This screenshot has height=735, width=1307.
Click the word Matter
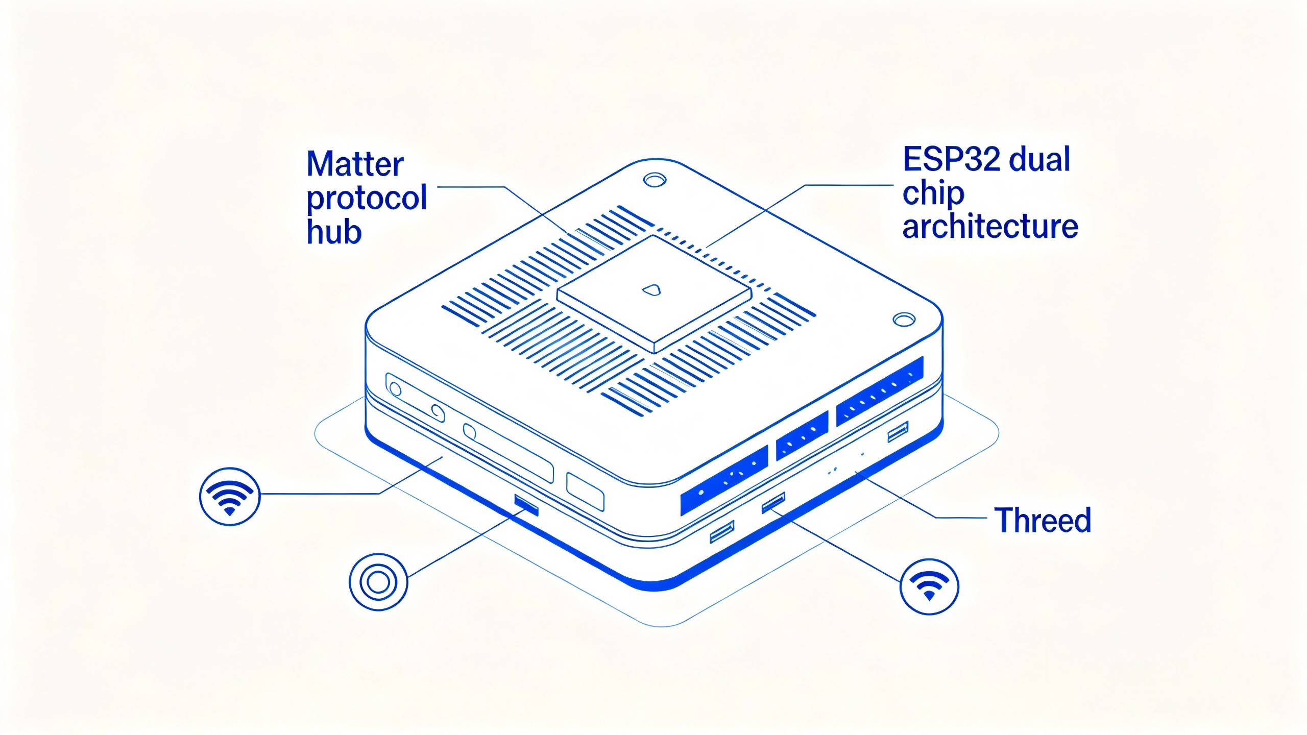(x=355, y=164)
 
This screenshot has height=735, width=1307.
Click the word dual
(x=1039, y=159)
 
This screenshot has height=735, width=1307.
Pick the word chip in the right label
(x=933, y=194)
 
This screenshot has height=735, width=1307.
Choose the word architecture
(x=990, y=226)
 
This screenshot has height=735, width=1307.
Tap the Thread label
(x=1043, y=520)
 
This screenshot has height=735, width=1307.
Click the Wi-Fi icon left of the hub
(x=230, y=496)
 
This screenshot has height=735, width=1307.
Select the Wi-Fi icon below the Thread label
(x=929, y=586)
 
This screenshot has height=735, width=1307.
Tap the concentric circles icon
(x=378, y=582)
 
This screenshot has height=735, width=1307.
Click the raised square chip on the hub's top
(x=654, y=295)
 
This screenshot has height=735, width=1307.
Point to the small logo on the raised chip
(x=651, y=290)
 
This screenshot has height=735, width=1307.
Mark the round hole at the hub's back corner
(x=655, y=180)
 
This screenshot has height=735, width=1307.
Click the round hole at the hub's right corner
(x=904, y=320)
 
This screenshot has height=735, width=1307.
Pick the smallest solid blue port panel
(x=802, y=434)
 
